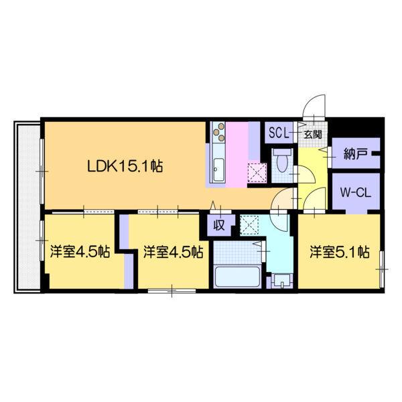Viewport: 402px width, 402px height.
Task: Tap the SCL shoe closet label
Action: [x=278, y=133]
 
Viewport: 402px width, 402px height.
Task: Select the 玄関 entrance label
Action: [x=312, y=134]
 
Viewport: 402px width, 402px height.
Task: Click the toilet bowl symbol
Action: [x=282, y=161]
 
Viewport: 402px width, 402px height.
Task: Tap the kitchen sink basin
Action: [x=218, y=171]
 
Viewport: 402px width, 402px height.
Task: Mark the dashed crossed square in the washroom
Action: [x=249, y=224]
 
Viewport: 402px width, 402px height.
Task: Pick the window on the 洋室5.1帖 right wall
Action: [x=382, y=267]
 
